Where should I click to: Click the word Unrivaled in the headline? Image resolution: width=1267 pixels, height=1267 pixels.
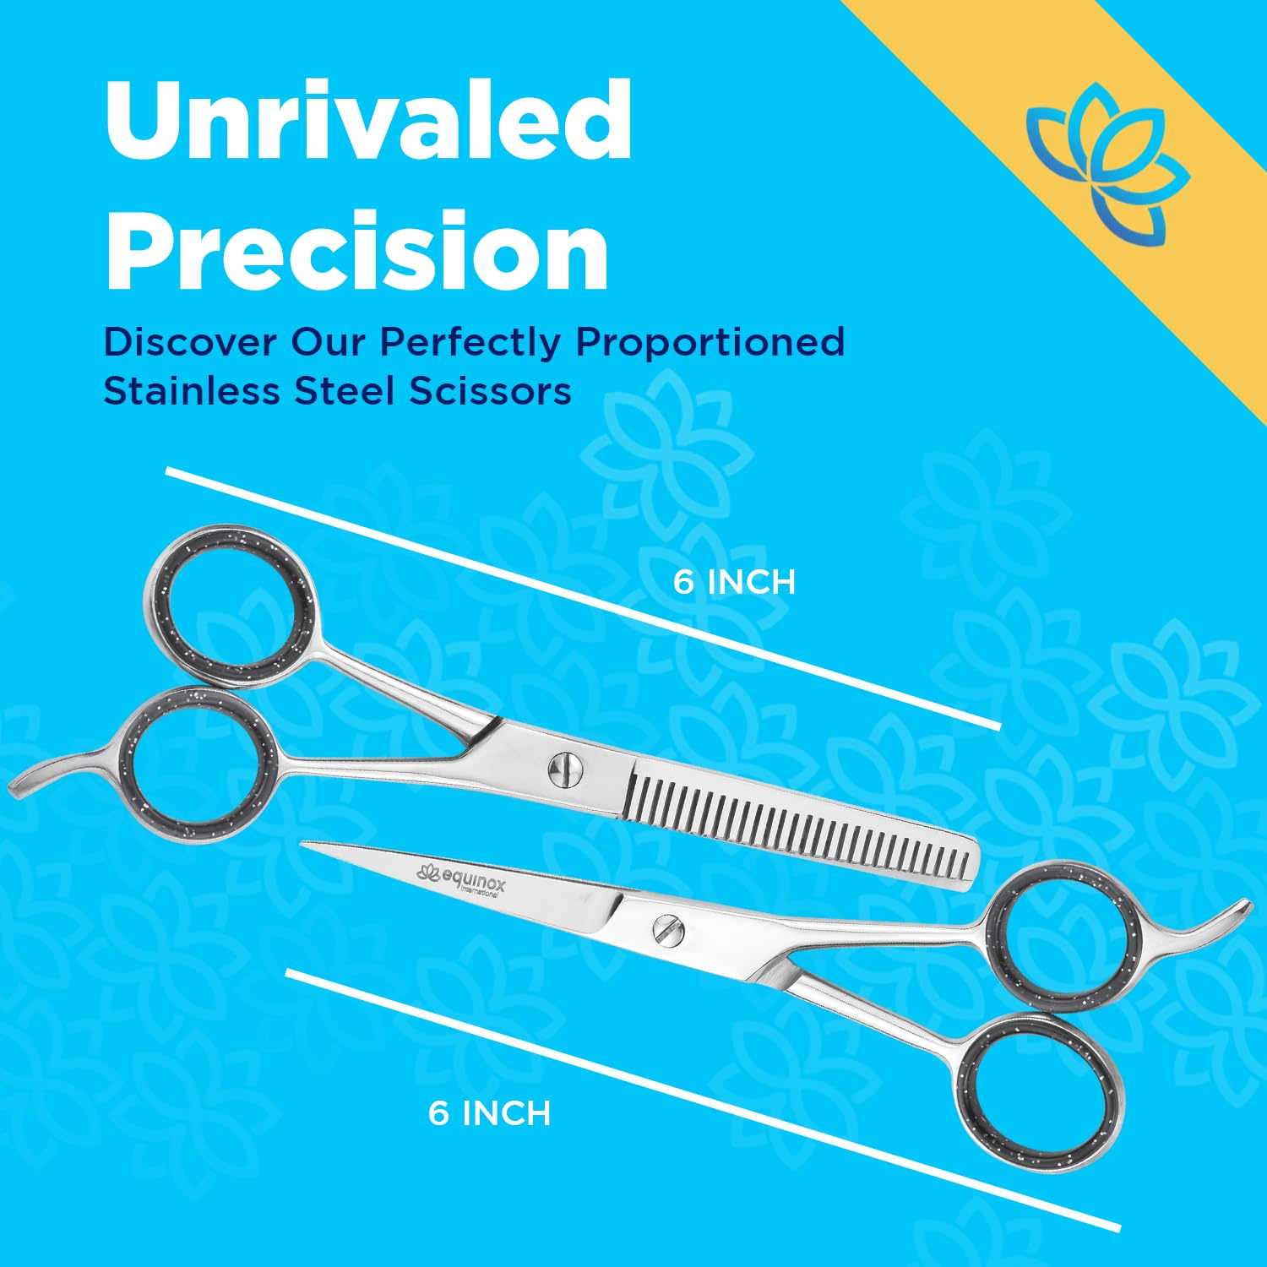[x=368, y=120]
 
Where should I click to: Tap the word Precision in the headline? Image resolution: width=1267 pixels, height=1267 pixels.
[x=356, y=251]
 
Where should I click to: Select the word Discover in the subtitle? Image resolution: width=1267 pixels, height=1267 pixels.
[x=190, y=342]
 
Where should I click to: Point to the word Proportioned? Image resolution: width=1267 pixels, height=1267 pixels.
[x=710, y=342]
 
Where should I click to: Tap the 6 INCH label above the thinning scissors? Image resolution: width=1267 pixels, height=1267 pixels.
[x=734, y=583]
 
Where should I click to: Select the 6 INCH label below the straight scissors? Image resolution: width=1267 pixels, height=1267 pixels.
[x=489, y=1113]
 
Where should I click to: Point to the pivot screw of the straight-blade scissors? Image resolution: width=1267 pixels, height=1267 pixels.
[x=667, y=930]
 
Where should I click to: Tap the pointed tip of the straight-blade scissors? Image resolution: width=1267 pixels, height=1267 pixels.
[x=306, y=844]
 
